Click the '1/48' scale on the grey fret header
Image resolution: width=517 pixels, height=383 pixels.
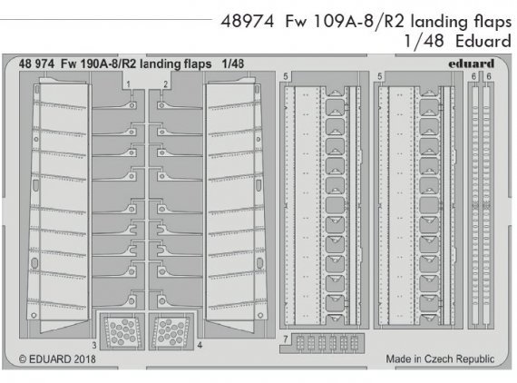click(236, 66)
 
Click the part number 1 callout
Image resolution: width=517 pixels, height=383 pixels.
click(129, 84)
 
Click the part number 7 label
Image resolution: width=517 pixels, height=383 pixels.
click(285, 339)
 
